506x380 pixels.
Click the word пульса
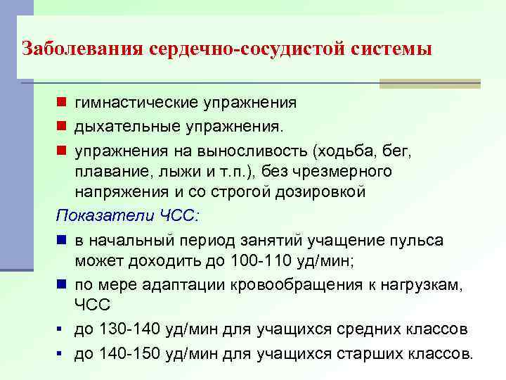(x=418, y=241)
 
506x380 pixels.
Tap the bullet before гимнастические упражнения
(x=63, y=103)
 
